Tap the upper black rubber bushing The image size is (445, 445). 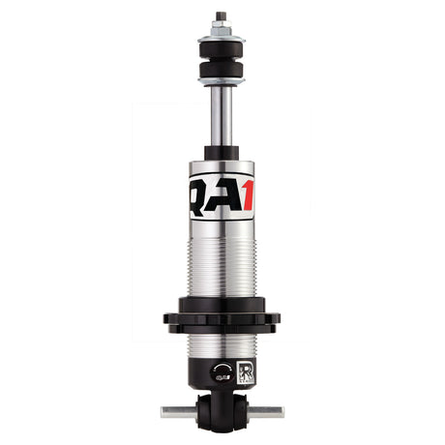click(221, 51)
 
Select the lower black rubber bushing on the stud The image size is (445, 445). click(221, 73)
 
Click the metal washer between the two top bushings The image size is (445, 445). click(221, 62)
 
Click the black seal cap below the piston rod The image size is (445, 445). click(221, 152)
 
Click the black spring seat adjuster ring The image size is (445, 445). click(221, 320)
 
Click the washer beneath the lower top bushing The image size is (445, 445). click(221, 83)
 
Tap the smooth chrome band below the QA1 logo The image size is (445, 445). click(221, 230)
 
